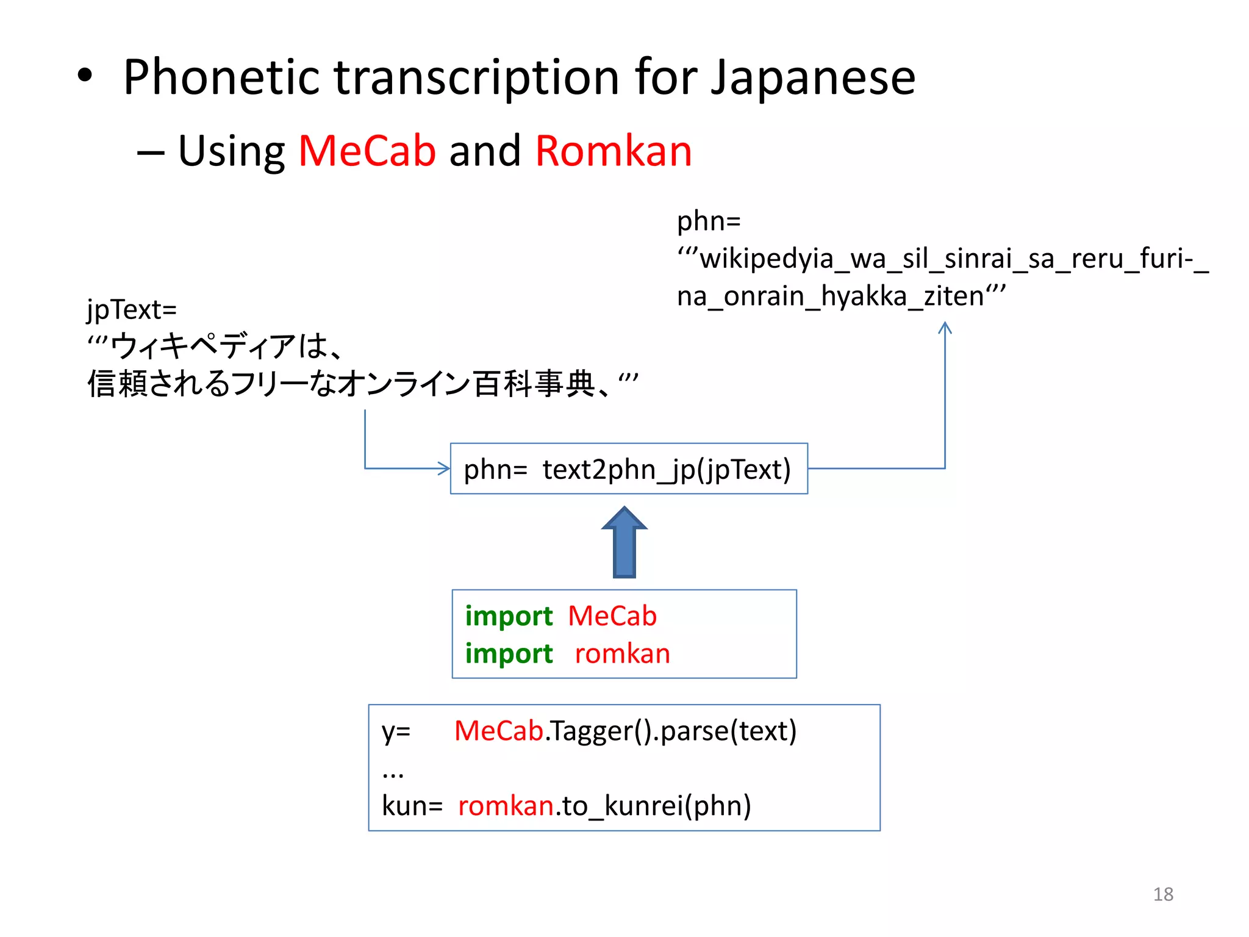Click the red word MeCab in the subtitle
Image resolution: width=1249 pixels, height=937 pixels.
click(367, 151)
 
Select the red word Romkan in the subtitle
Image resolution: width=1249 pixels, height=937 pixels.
click(614, 151)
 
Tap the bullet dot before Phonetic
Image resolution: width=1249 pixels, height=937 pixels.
click(85, 76)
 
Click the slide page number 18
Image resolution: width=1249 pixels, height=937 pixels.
click(1163, 894)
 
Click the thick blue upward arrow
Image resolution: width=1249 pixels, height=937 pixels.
click(624, 543)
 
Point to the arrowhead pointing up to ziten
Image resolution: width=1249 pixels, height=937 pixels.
click(945, 328)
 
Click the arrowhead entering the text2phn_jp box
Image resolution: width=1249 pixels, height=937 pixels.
click(445, 468)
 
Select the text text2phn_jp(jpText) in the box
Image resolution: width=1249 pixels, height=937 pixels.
click(667, 470)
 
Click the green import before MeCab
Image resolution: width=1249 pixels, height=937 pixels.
click(509, 616)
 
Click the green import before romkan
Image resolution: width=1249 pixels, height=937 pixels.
click(509, 654)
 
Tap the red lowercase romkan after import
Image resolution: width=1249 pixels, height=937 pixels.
click(622, 654)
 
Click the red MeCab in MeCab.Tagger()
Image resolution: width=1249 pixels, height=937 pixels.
click(498, 731)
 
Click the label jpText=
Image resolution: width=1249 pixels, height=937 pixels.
click(132, 310)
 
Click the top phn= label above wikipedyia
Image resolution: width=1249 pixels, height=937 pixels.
click(709, 221)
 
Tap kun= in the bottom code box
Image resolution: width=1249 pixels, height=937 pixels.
click(412, 806)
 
